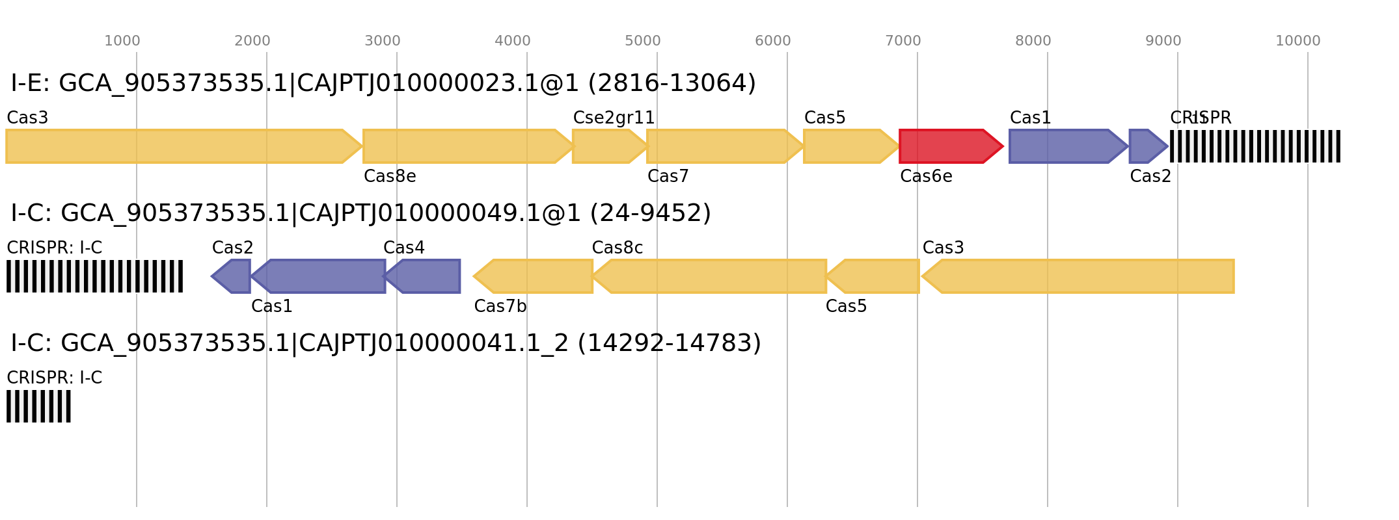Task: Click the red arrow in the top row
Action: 951,146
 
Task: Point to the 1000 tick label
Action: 122,41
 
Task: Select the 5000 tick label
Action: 643,41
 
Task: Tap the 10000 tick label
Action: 1297,41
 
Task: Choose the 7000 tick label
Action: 903,41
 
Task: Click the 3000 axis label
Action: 383,41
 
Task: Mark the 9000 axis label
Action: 1163,41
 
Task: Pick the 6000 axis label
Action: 773,41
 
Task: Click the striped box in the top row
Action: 1255,146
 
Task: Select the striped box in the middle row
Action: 94,276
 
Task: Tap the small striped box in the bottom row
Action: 38,406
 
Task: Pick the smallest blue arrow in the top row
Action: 1148,146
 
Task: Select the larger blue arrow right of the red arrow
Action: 1067,146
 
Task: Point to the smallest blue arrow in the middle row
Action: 232,276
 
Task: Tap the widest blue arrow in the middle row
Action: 319,276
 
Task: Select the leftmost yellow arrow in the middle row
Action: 534,276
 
